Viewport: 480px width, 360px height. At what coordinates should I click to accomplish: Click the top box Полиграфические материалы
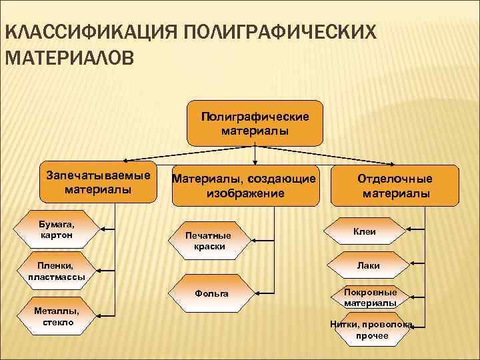point(255,123)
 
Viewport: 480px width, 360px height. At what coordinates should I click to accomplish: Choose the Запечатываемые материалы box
point(98,182)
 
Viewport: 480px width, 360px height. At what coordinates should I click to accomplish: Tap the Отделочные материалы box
point(395,186)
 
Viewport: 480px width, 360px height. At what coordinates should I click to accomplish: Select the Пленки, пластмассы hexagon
point(56,270)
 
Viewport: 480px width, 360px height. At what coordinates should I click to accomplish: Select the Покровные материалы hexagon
point(370,297)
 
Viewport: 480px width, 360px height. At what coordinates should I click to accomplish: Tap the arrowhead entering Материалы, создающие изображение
point(256,162)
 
